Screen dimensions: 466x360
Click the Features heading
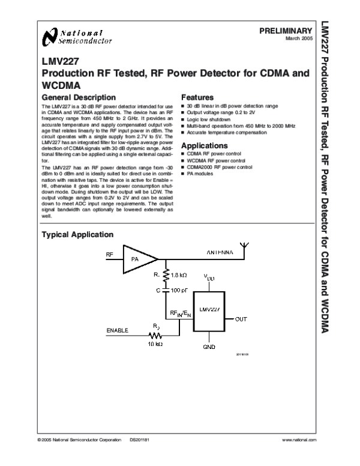pyautogui.click(x=197, y=97)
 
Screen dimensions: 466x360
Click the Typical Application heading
pyautogui.click(x=77, y=234)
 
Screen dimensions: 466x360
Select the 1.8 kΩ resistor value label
pyautogui.click(x=179, y=274)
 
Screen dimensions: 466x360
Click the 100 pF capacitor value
pyautogui.click(x=179, y=290)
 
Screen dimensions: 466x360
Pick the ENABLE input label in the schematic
pyautogui.click(x=117, y=330)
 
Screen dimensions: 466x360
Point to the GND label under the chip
pyautogui.click(x=209, y=346)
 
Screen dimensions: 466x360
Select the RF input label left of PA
pyautogui.click(x=109, y=255)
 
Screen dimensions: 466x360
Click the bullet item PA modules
pyautogui.click(x=200, y=173)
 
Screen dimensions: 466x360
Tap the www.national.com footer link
pyautogui.click(x=298, y=441)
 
